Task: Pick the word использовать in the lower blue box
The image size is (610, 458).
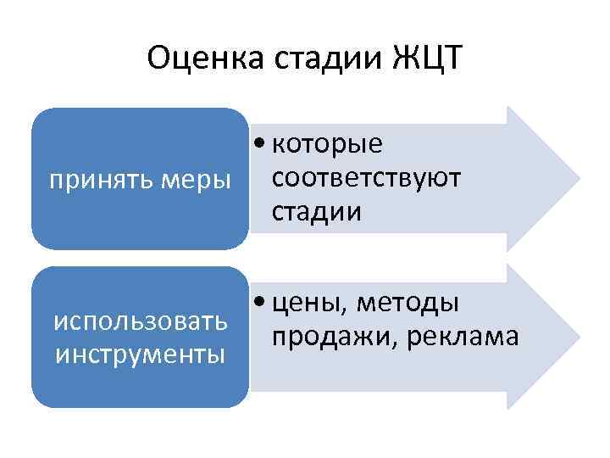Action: click(141, 321)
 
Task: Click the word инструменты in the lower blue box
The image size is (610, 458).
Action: click(141, 353)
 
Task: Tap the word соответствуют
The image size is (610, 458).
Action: click(367, 178)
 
